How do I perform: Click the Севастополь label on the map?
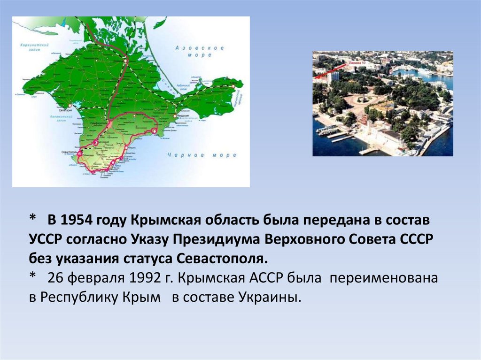[x=69, y=153]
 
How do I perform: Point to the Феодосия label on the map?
[x=182, y=115]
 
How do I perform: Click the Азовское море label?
[x=199, y=51]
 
